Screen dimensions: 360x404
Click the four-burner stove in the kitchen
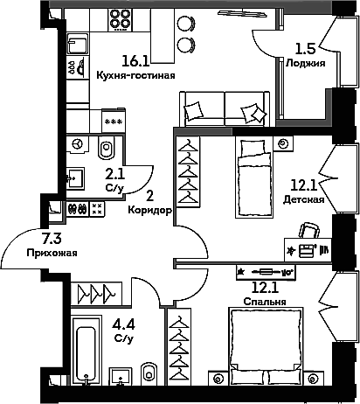[x=120, y=19]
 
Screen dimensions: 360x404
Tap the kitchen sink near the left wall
[x=78, y=43]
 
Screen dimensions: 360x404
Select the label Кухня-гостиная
[x=135, y=75]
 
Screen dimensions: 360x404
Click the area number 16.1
[x=135, y=61]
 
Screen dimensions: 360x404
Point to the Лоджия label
[x=306, y=63]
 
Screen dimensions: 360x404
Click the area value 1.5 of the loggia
[x=306, y=49]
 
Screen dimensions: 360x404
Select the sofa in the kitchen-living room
[x=225, y=109]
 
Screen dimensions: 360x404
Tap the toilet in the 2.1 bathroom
[x=107, y=147]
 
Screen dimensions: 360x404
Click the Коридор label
[x=150, y=210]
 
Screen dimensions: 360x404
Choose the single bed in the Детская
[x=254, y=178]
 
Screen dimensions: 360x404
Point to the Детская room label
[x=303, y=199]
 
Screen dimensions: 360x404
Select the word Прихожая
[x=52, y=253]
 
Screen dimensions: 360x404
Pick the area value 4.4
[x=124, y=324]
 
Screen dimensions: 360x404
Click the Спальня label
[x=265, y=302]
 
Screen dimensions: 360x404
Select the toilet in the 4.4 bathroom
[x=149, y=374]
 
